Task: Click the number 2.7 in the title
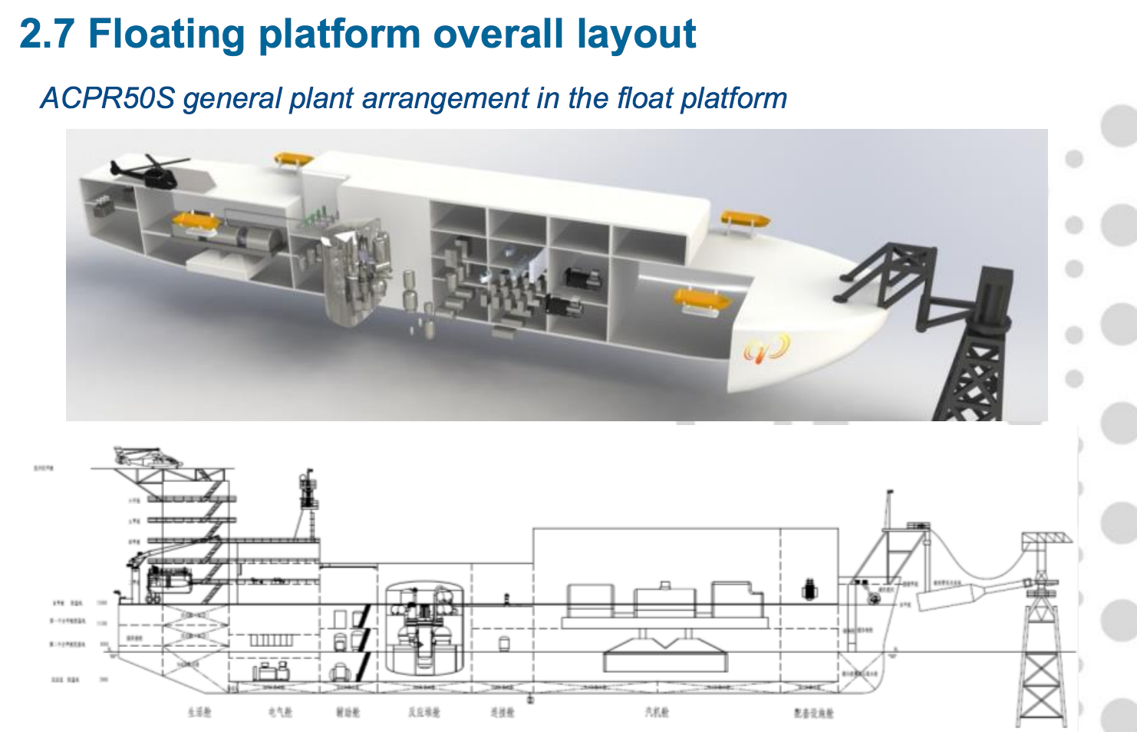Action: pyautogui.click(x=46, y=34)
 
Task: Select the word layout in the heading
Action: pyautogui.click(x=636, y=34)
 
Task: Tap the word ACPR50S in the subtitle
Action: pyautogui.click(x=108, y=98)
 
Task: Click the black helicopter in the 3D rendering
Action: pyautogui.click(x=150, y=172)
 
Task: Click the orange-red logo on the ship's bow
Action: pyautogui.click(x=766, y=348)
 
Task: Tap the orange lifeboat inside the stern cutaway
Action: pyautogui.click(x=196, y=223)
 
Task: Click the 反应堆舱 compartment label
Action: pyautogui.click(x=424, y=712)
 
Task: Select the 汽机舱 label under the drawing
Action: pyautogui.click(x=657, y=712)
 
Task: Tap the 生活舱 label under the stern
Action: pyautogui.click(x=199, y=712)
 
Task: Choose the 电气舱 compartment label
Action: pyautogui.click(x=280, y=712)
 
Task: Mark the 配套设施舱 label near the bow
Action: pyautogui.click(x=813, y=713)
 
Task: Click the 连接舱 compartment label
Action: pyautogui.click(x=503, y=712)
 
